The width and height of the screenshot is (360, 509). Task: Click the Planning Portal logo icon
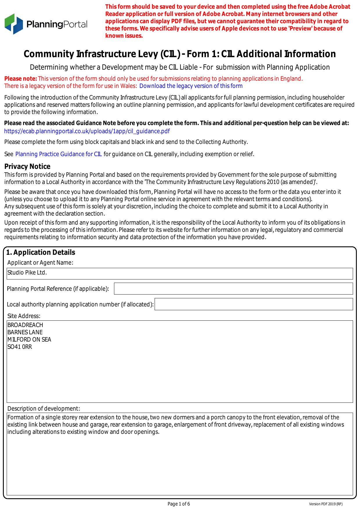pos(14,24)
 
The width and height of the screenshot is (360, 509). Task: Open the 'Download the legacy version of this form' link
pos(191,86)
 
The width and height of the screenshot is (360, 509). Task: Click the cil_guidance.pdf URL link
pos(87,131)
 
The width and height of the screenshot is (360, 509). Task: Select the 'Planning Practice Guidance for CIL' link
pos(58,154)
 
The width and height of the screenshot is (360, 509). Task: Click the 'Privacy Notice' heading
pos(27,166)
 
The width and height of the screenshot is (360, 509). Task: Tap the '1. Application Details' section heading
pos(41,252)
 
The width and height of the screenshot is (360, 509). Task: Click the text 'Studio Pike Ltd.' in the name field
pos(27,272)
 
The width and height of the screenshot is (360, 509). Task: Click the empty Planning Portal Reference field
pos(233,288)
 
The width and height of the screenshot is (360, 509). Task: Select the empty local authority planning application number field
pos(253,304)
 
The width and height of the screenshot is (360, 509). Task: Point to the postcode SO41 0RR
pos(20,347)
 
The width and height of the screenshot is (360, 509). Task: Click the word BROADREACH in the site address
pos(25,325)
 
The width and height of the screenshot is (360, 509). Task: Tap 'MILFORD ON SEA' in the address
pos(29,340)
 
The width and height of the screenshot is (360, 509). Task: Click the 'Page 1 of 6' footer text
pos(179,504)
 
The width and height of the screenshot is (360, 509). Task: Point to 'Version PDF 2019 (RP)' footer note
pos(325,504)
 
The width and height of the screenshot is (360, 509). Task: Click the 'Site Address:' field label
pos(24,316)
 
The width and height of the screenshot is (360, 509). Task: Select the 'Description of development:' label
pos(44,409)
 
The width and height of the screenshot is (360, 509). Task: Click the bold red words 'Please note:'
pos(21,79)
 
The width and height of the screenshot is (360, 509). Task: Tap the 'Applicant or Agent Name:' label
pos(40,263)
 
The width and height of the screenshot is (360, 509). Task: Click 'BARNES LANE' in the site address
pos(25,332)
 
